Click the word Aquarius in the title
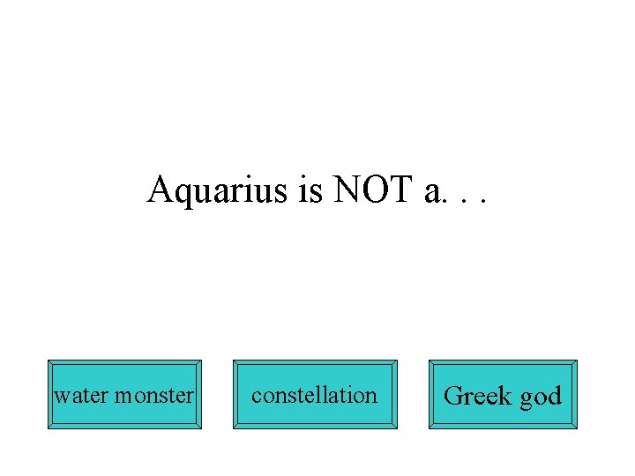coord(219,190)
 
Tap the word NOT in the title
coord(373,190)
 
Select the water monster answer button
coord(124,395)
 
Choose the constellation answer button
coord(315,395)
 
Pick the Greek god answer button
coord(503,395)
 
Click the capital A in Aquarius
coord(160,189)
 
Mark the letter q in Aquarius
coord(183,193)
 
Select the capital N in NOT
coord(347,190)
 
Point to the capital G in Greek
coord(453,396)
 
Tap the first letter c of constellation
coord(256,397)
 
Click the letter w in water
coord(61,397)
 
